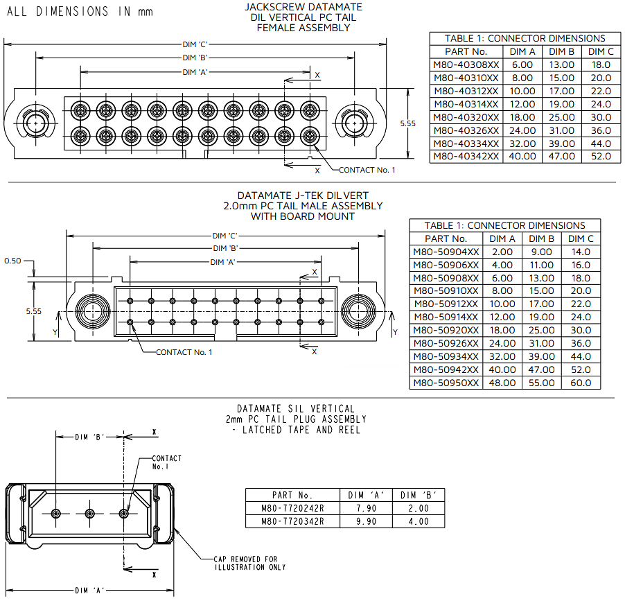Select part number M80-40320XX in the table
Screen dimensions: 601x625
[x=466, y=117]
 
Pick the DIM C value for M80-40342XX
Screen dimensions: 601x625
[x=600, y=157]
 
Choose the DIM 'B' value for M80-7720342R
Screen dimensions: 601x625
[x=418, y=521]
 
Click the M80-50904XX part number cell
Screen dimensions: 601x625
[x=446, y=252]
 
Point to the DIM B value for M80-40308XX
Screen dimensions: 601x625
[x=561, y=64]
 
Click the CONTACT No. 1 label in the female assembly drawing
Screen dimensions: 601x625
[x=367, y=170]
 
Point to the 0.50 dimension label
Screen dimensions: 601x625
[x=12, y=261]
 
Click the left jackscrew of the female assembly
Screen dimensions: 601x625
[x=33, y=123]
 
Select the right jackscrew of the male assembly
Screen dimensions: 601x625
[x=359, y=310]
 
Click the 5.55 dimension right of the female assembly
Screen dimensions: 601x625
[x=408, y=123]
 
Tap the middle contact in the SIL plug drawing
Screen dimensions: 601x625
[x=89, y=513]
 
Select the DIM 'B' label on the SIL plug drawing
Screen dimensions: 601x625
[x=89, y=437]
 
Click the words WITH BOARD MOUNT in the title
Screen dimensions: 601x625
[x=303, y=216]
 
